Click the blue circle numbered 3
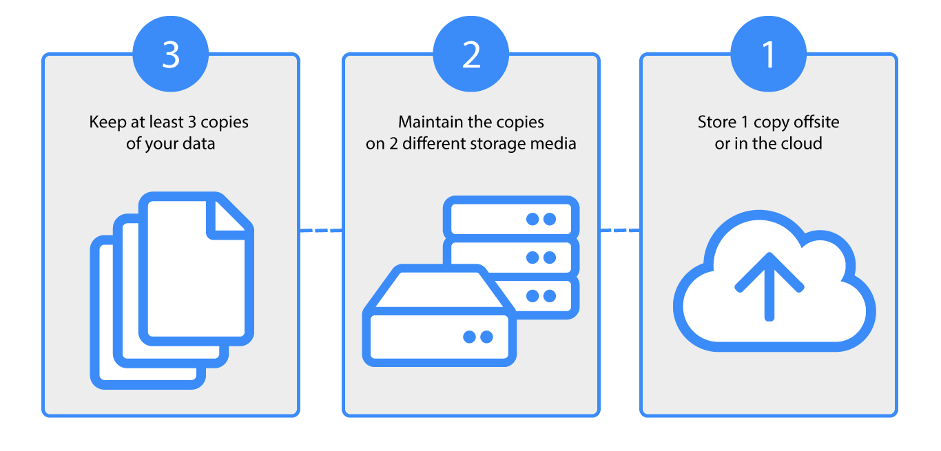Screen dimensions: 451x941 click(171, 55)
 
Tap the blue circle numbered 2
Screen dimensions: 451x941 click(471, 55)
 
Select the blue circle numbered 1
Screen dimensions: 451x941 click(768, 55)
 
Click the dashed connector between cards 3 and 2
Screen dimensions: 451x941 click(321, 231)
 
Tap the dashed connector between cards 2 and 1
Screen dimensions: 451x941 click(620, 231)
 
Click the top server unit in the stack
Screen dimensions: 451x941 click(510, 218)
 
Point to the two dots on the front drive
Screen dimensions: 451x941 click(478, 337)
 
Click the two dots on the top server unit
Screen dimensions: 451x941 click(541, 219)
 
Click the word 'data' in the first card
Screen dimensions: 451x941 click(200, 144)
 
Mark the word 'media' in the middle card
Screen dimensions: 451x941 click(557, 144)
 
